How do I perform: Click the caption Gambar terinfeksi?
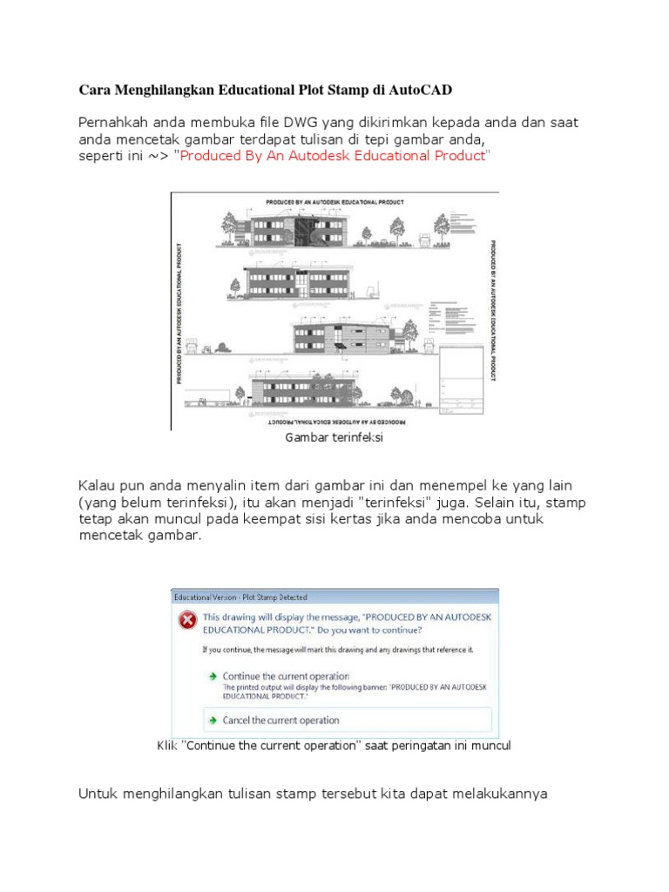point(334,438)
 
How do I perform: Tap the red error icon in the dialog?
point(186,619)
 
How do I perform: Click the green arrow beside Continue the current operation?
point(212,676)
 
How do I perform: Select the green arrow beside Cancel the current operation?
point(212,720)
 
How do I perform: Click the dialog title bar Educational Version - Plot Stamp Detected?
point(241,598)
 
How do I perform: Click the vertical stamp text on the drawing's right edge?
point(493,311)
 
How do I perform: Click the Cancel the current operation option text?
point(280,720)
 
